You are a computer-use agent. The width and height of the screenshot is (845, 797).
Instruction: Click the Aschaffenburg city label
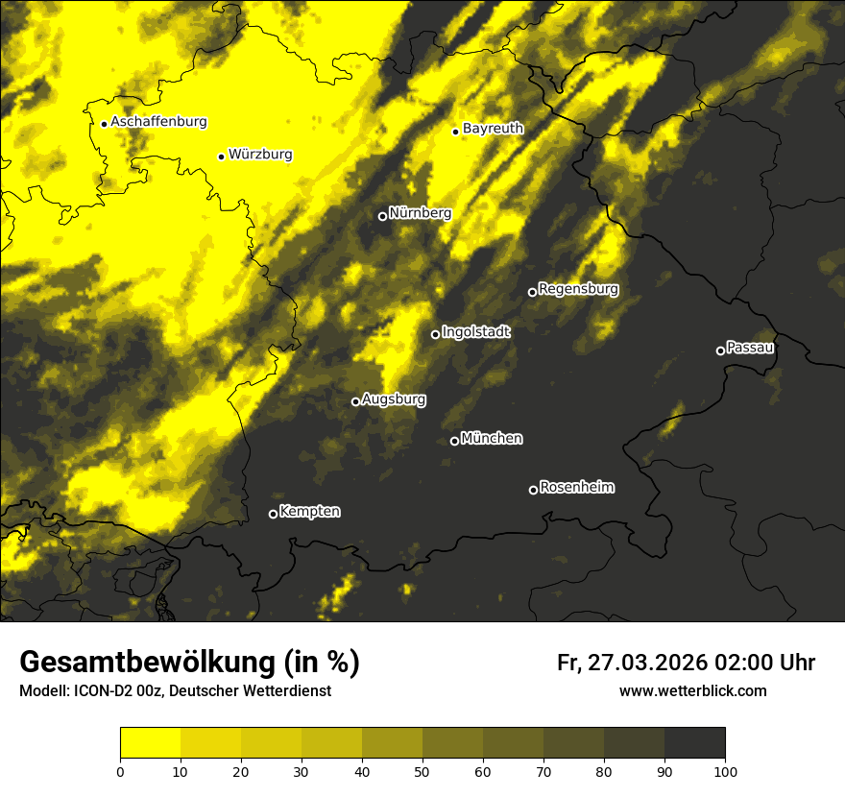click(x=158, y=122)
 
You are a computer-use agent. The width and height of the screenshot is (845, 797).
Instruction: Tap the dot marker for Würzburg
click(x=221, y=157)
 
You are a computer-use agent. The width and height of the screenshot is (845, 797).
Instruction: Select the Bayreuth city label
click(x=493, y=128)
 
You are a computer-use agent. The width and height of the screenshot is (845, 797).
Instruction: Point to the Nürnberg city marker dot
click(x=382, y=216)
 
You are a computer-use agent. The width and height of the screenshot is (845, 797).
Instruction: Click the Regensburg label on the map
click(x=578, y=288)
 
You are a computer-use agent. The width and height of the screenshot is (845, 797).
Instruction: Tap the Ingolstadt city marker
click(x=435, y=334)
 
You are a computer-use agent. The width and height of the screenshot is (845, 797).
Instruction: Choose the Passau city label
click(x=750, y=347)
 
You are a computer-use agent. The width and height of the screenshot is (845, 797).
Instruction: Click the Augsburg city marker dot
click(x=355, y=401)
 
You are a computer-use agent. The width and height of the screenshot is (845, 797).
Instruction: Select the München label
click(x=492, y=438)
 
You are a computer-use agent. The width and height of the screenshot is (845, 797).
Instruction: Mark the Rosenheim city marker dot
click(x=533, y=491)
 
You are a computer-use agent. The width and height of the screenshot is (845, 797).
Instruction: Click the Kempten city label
click(x=309, y=511)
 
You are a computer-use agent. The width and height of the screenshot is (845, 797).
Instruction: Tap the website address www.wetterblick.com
click(x=692, y=690)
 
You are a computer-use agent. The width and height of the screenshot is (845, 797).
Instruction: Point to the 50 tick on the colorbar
click(x=422, y=770)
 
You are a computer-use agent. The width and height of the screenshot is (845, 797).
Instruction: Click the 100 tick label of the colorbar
click(x=725, y=770)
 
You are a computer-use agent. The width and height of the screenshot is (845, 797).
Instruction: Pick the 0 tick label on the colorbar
click(x=120, y=770)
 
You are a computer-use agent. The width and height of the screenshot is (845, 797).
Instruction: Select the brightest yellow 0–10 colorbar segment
click(x=150, y=743)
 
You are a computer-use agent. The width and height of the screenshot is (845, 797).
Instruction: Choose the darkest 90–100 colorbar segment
click(x=694, y=743)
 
